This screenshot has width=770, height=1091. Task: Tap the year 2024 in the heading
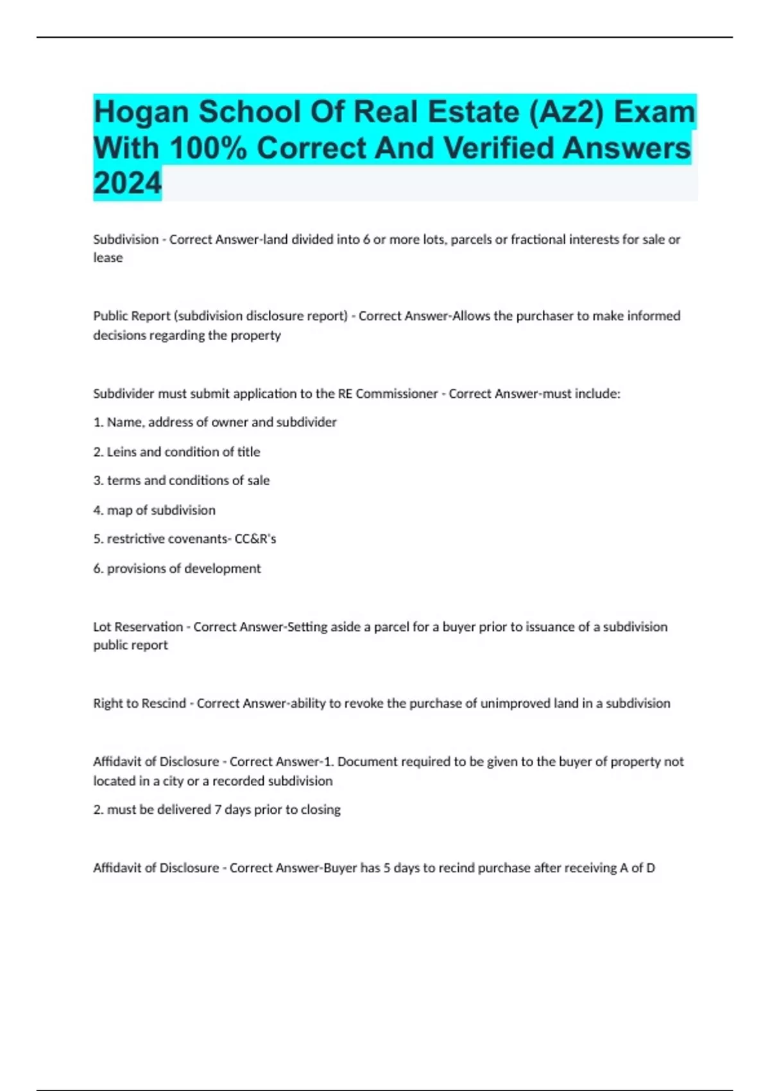127,184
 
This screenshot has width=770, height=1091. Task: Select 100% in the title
209,148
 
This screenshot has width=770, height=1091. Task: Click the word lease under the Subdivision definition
108,258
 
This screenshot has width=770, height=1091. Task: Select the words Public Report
132,316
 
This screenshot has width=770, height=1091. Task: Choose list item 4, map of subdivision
154,510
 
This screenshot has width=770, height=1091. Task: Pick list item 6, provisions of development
176,569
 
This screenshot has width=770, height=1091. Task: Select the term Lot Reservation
138,627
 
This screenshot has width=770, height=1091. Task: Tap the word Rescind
165,703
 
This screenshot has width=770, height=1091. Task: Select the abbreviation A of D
637,868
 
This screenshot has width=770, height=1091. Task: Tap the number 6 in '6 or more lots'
366,239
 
